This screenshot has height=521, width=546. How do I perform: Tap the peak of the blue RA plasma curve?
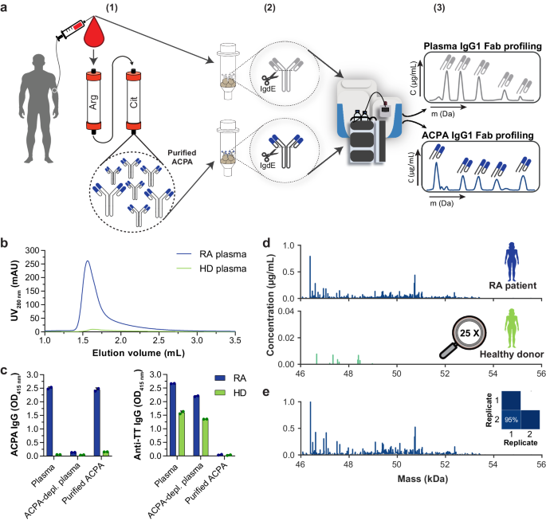(x=88, y=260)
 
